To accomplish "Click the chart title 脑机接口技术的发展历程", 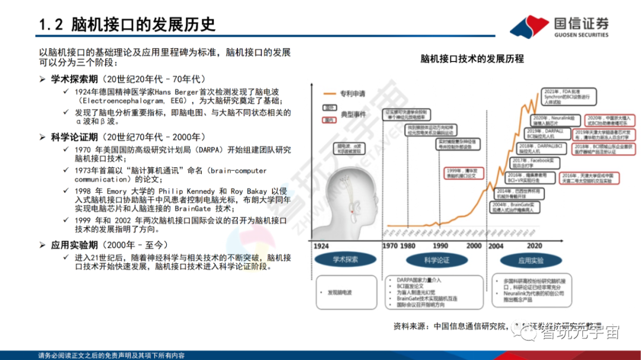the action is click(472, 59).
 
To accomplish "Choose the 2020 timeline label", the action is click(535, 246).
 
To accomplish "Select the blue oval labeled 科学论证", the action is click(436, 260).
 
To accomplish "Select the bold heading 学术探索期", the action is click(75, 79).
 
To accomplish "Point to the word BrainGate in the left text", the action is click(192, 208).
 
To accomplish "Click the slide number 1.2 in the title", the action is click(50, 24).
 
